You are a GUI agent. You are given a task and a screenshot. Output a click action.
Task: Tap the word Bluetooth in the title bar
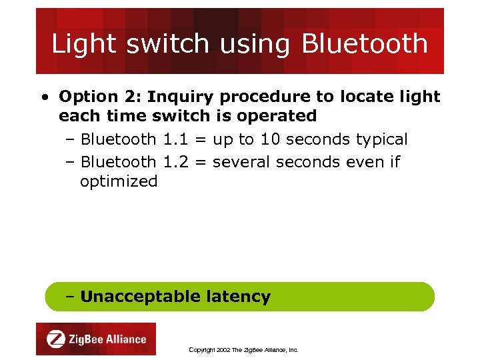(x=365, y=44)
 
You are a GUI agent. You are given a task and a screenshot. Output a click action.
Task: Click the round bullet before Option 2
(x=43, y=97)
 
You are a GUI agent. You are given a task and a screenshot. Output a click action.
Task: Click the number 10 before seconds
(x=270, y=140)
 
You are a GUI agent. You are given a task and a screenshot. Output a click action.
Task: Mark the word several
(x=241, y=162)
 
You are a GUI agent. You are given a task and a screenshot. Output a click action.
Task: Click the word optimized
(x=119, y=181)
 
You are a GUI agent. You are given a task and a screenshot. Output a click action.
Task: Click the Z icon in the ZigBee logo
(x=56, y=339)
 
